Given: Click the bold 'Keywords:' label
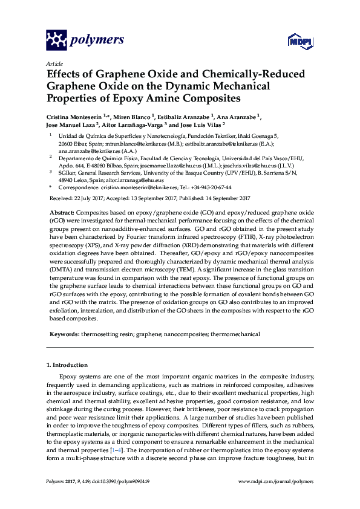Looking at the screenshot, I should point(63,334).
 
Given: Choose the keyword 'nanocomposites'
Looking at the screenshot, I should point(185,334).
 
